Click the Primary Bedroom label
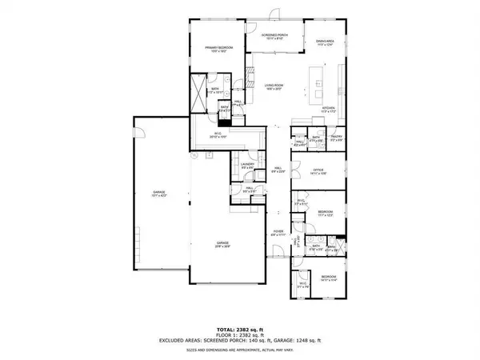[x=215, y=47]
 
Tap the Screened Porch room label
[x=276, y=36]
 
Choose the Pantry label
[x=336, y=137]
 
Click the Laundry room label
[x=246, y=165]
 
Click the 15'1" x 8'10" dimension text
[x=276, y=40]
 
